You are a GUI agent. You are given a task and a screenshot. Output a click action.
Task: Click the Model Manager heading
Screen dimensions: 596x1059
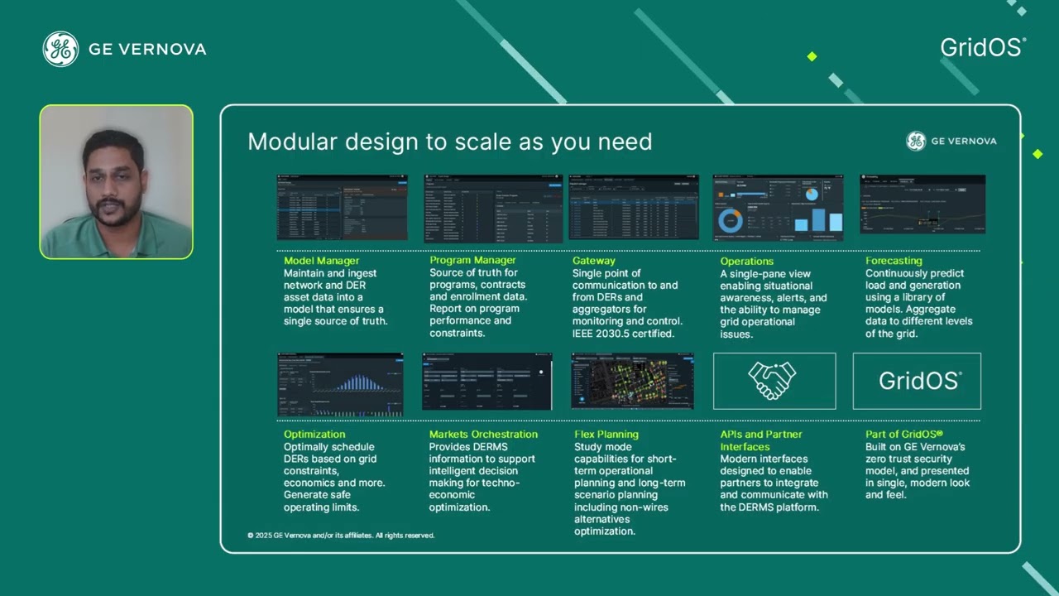pos(321,261)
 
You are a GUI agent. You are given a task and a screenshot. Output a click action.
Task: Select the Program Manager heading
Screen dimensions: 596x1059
pos(472,260)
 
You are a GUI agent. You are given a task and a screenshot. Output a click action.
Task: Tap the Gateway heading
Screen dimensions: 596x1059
pos(593,261)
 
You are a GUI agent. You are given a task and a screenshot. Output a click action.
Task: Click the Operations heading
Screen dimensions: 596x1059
pos(746,262)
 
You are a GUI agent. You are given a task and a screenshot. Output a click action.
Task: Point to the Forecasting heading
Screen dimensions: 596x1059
pos(894,261)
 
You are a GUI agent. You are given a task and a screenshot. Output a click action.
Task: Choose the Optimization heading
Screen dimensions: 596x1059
pos(314,434)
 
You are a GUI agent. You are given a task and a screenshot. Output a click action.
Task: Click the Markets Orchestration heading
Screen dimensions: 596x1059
pos(483,434)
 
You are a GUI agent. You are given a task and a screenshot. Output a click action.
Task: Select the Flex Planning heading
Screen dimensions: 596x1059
pos(606,434)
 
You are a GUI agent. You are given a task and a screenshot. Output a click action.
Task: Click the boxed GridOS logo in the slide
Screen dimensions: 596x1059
pos(917,381)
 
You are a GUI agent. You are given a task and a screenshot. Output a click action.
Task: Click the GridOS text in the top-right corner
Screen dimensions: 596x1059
pos(982,47)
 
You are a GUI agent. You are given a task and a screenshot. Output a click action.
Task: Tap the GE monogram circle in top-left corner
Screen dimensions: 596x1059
pos(60,49)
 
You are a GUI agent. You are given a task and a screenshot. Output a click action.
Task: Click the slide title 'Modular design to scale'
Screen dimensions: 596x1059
pos(449,142)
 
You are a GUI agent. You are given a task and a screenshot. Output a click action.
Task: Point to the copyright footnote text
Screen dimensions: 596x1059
pos(340,536)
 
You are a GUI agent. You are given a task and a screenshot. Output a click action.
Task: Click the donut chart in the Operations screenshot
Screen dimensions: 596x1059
pos(730,219)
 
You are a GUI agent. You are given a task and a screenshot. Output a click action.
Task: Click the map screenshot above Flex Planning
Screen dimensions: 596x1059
pos(632,381)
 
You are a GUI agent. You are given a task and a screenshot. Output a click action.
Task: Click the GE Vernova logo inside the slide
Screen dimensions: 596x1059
pos(951,141)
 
